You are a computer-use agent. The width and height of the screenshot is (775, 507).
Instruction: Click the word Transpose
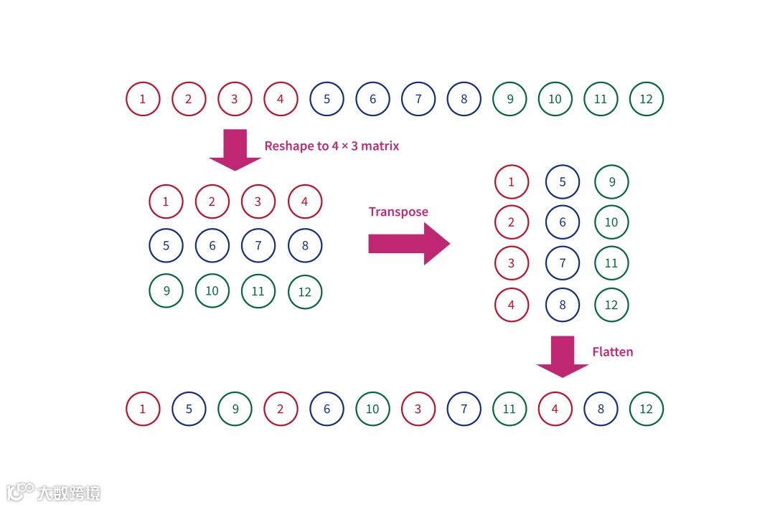(x=398, y=212)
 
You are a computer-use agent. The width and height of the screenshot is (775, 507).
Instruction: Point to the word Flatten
(x=612, y=352)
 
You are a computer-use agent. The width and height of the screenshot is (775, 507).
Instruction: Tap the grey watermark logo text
(x=69, y=493)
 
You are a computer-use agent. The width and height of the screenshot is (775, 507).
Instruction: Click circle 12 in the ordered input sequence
(x=647, y=99)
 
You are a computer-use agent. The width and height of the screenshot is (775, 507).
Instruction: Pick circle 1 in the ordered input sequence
(x=143, y=99)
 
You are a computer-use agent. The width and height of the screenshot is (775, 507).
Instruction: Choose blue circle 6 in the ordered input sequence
(x=372, y=99)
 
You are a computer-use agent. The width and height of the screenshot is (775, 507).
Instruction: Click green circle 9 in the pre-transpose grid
(x=166, y=290)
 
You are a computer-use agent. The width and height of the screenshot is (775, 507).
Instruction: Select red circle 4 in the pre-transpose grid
(x=305, y=202)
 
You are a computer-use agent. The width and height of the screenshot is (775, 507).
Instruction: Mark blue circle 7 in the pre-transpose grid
(x=258, y=246)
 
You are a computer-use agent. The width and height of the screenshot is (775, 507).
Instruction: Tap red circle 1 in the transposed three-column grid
(x=511, y=182)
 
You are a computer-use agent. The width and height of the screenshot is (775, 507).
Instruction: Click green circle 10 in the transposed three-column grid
(x=611, y=222)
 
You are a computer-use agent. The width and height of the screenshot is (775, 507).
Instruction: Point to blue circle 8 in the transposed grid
(x=563, y=305)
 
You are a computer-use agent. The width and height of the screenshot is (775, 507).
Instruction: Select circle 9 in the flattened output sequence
(x=235, y=409)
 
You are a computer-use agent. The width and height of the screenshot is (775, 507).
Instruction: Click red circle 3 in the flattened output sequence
(x=418, y=409)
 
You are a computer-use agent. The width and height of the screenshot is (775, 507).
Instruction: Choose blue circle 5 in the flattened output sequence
(x=189, y=409)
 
